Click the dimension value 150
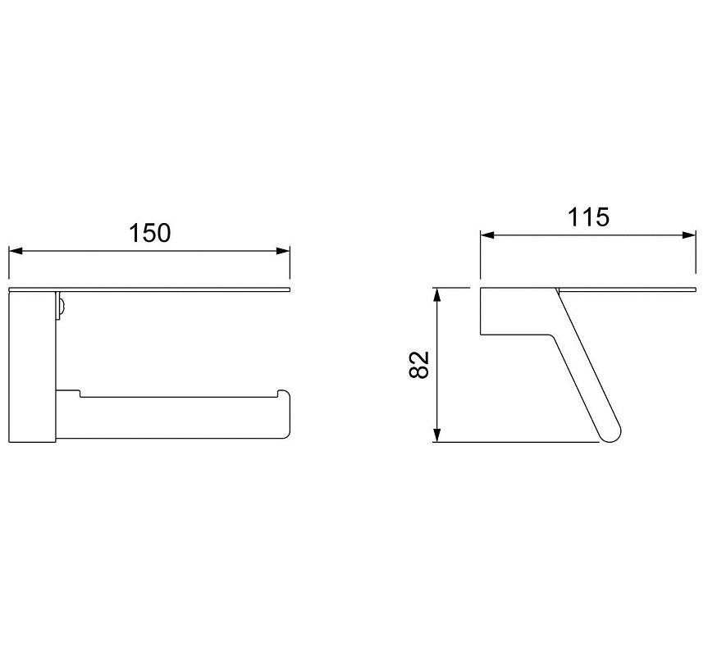150,233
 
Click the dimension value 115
588,217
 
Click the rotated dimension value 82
418,365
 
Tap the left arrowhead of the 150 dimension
16,251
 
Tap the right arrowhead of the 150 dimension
283,251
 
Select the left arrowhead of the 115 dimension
486,235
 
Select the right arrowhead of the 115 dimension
689,235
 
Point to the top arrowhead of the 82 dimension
436,294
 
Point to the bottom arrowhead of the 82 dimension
436,435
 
